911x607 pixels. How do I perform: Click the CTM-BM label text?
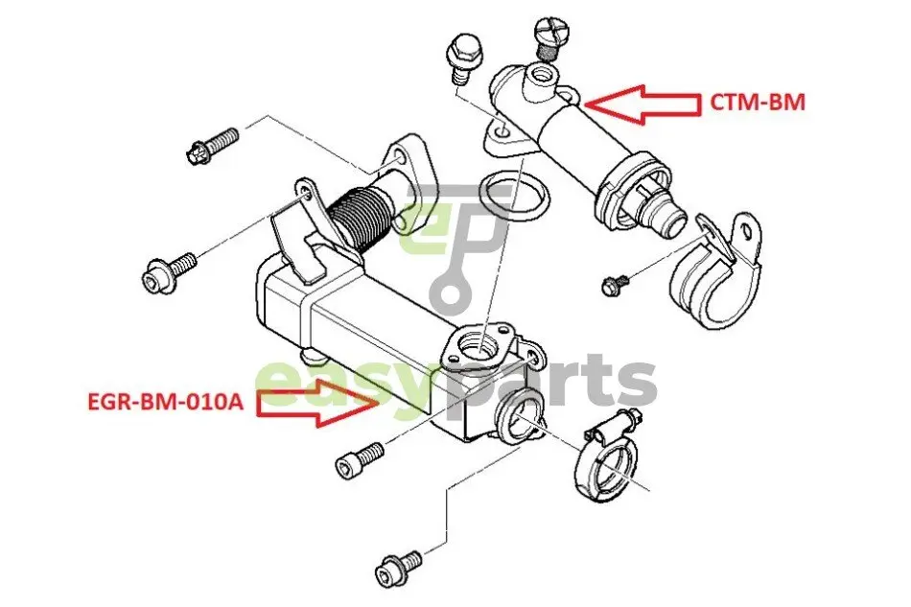click(758, 103)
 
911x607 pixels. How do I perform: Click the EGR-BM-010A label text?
click(166, 402)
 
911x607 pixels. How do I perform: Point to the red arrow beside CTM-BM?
click(642, 105)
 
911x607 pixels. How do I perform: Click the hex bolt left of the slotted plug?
click(462, 58)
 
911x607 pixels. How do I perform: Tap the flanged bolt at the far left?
click(169, 273)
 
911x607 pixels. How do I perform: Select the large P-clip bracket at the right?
click(715, 269)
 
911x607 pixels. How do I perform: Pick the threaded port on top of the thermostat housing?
click(540, 78)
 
